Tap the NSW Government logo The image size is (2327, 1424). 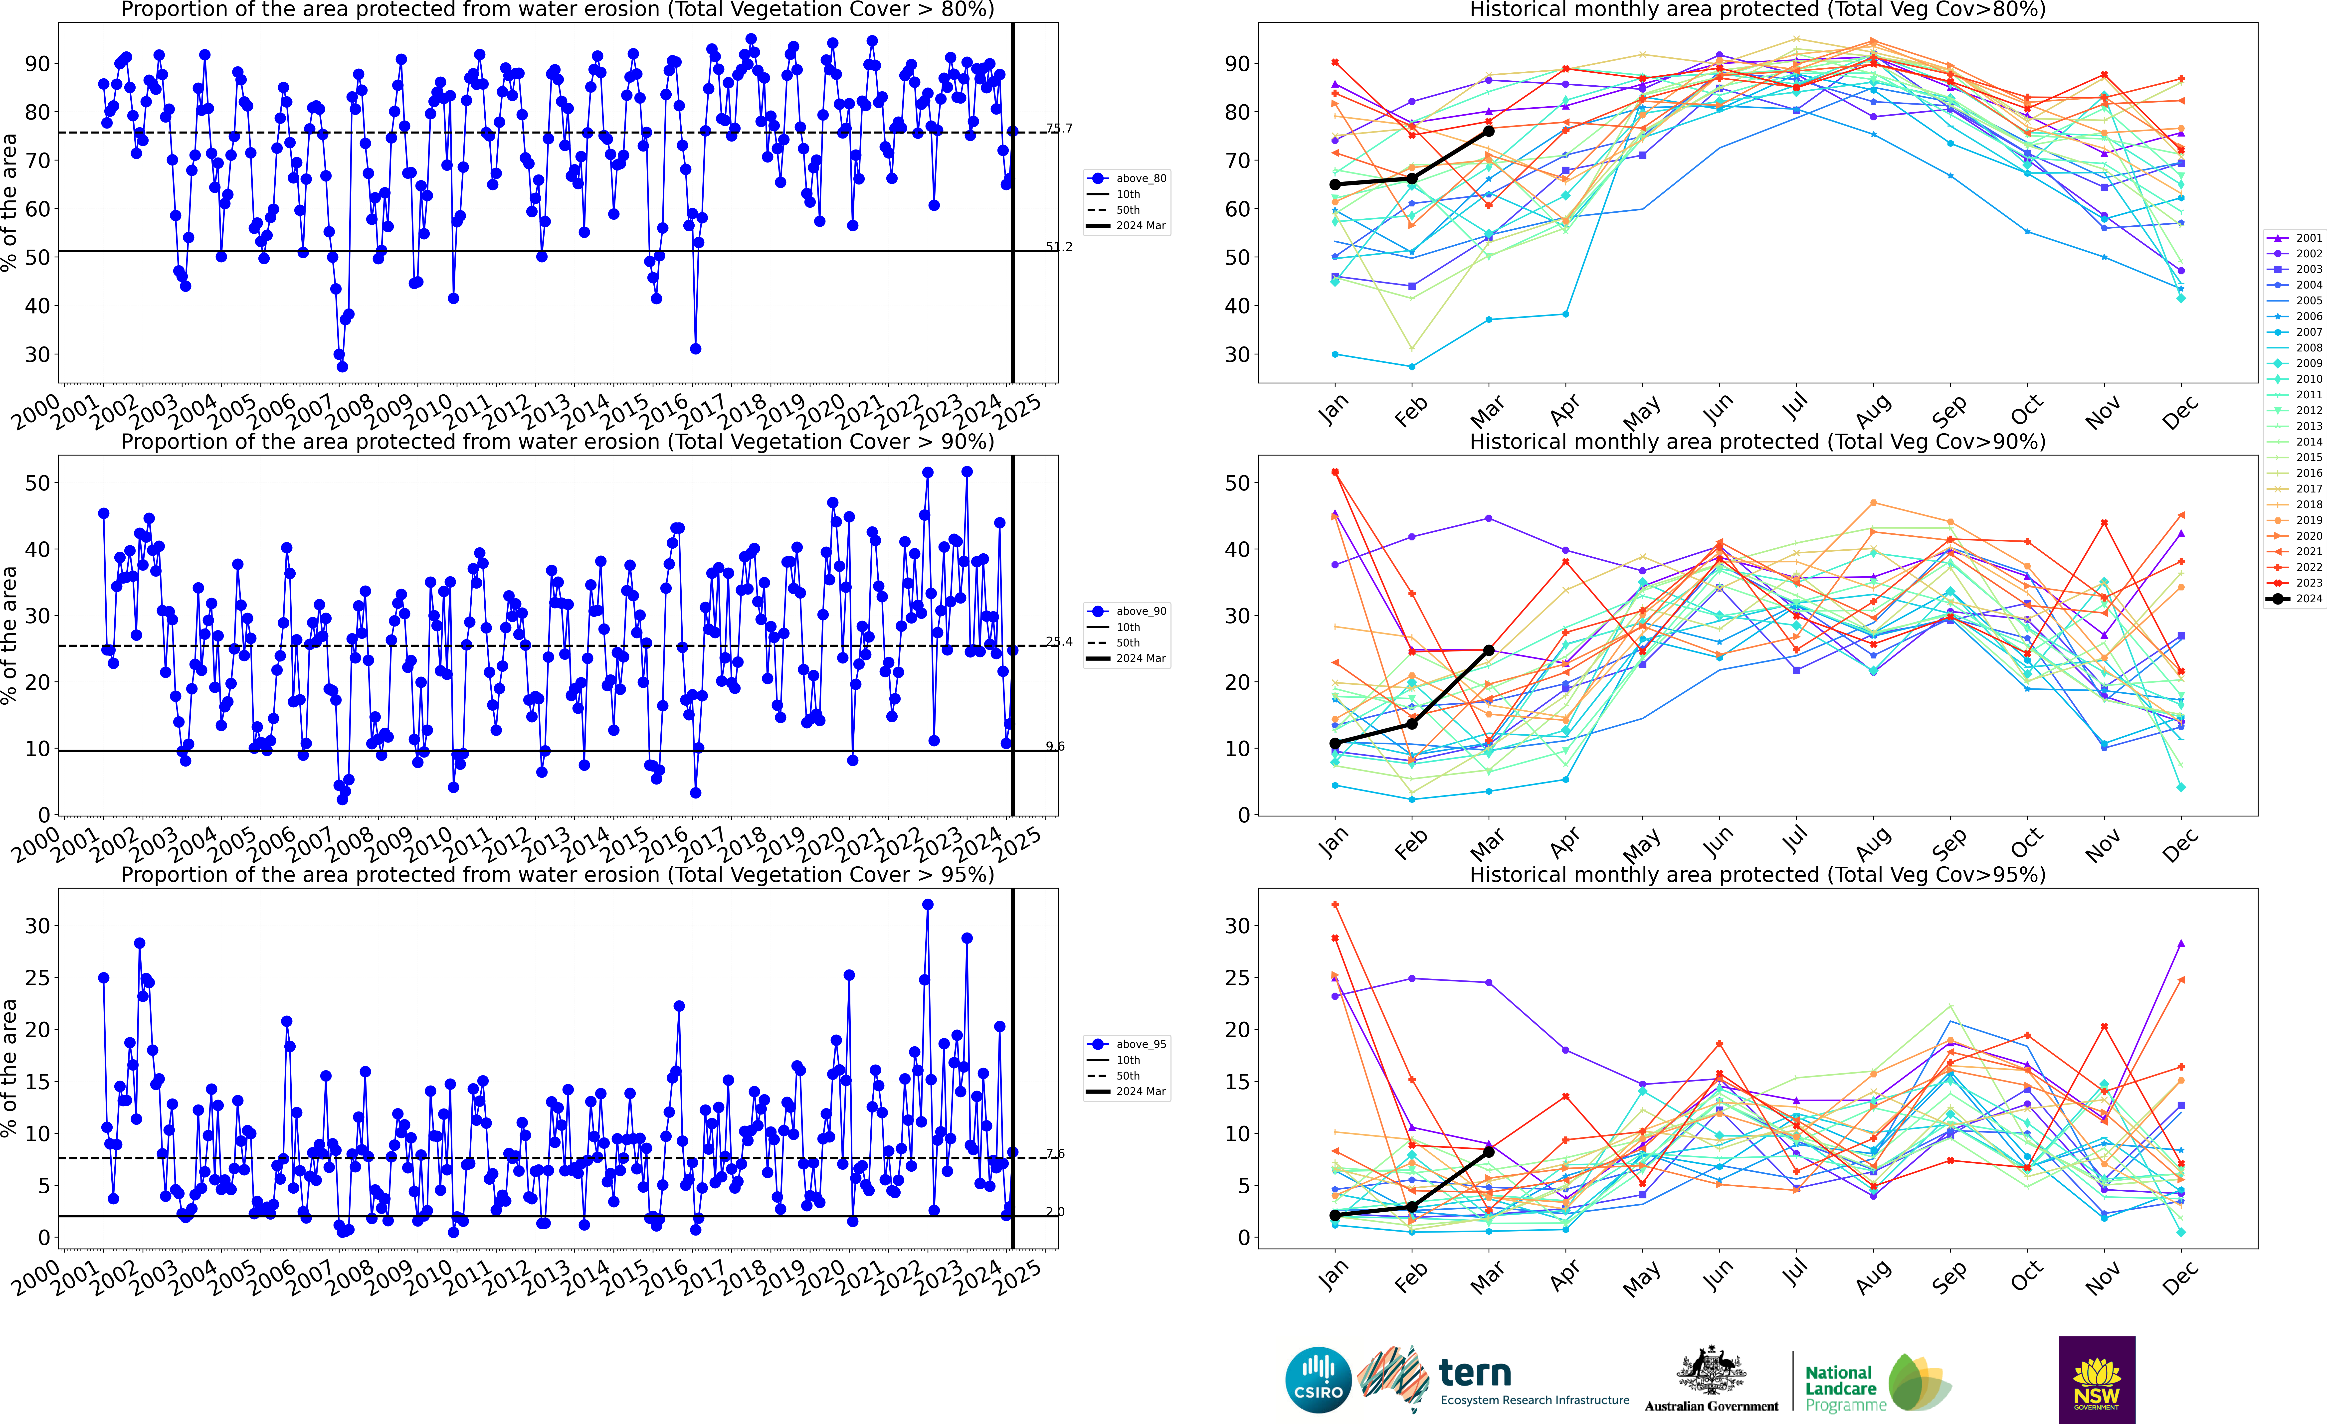(2097, 1379)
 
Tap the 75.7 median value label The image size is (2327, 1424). (1059, 129)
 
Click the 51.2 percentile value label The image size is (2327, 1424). (1059, 247)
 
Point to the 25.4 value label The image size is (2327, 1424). (1059, 642)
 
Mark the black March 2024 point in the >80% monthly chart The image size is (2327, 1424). (1489, 131)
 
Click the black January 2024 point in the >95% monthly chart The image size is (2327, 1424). (1335, 1215)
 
